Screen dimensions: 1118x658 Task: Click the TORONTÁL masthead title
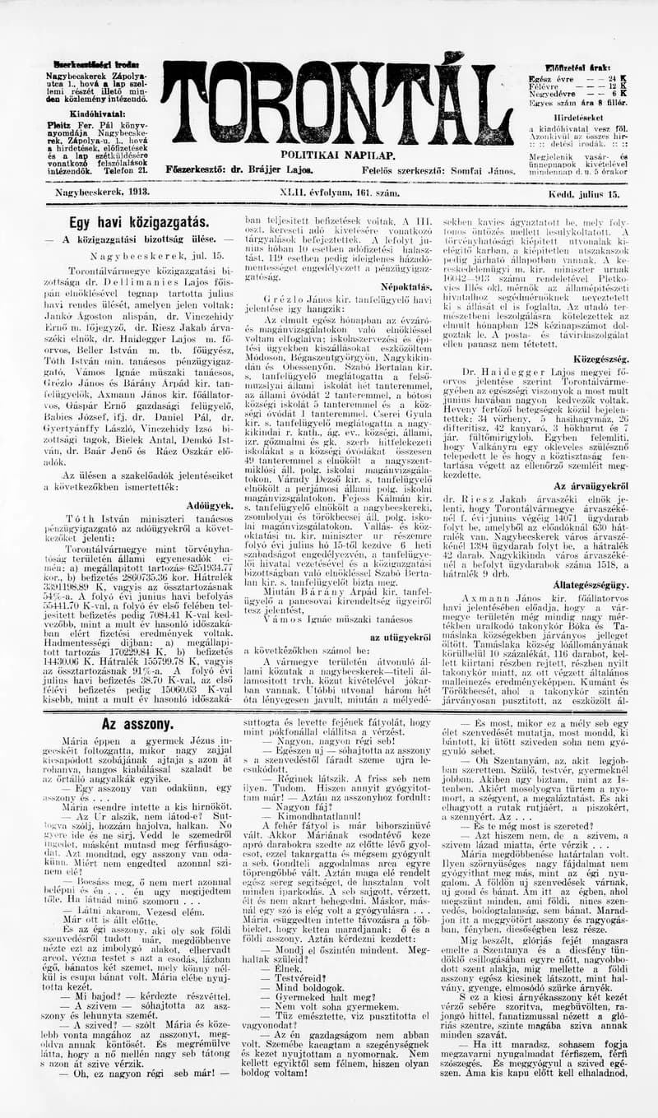(x=336, y=104)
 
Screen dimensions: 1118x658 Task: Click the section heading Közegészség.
(x=603, y=360)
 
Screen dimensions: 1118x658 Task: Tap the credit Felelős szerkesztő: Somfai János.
(x=432, y=169)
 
